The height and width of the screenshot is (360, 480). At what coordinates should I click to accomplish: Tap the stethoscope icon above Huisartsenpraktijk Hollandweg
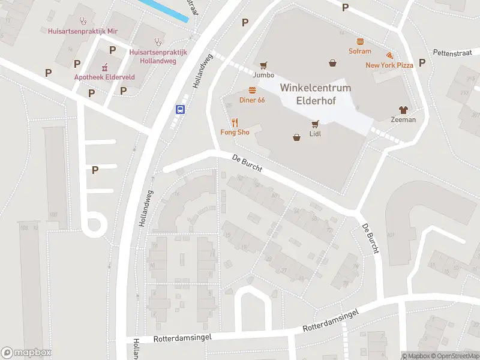coord(158,42)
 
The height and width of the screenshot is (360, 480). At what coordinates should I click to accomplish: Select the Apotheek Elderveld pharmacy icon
coord(104,67)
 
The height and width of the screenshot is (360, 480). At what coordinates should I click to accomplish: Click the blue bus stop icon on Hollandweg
coord(180,109)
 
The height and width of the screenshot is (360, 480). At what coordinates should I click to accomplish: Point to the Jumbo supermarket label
coord(263,75)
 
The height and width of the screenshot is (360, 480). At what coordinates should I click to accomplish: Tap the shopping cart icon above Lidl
coord(315,124)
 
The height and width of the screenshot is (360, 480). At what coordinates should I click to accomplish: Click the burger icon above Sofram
coord(360,42)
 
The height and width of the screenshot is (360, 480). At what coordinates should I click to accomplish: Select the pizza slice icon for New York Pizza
coord(389,56)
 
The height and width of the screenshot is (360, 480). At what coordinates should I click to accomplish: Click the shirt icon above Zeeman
coord(403,110)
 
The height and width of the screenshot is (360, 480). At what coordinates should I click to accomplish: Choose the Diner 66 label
coord(252,100)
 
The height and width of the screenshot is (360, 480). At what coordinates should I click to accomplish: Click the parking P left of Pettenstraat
coord(422,62)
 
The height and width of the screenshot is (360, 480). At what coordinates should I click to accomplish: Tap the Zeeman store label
coord(403,119)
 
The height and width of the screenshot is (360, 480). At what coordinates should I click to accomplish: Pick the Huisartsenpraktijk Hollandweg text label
coord(158,56)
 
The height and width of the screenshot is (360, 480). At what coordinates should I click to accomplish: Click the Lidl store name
coord(315,134)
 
